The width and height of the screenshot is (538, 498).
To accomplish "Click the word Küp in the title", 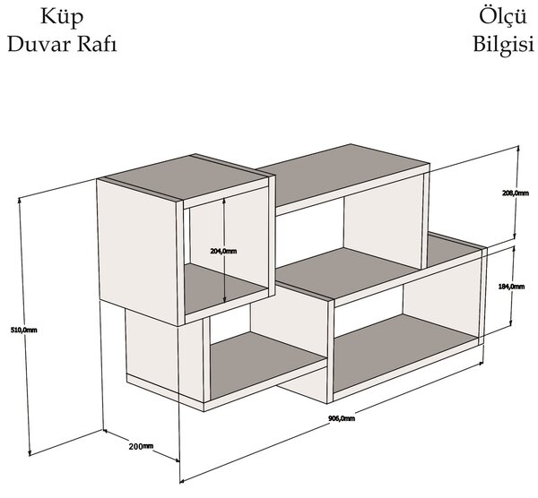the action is click(62, 17).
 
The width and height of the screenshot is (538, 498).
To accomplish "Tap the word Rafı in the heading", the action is click(97, 44).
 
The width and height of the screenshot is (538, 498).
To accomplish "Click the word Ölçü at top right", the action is click(503, 16).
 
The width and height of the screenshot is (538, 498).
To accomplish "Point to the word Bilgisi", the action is click(504, 45).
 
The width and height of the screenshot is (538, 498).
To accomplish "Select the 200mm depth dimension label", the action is click(141, 446).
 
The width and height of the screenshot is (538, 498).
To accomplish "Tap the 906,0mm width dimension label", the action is click(342, 418).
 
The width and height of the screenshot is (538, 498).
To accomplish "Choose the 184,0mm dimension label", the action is click(511, 287).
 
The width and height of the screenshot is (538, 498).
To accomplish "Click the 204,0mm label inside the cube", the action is click(223, 251).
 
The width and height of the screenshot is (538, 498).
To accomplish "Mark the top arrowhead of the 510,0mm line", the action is click(20, 200).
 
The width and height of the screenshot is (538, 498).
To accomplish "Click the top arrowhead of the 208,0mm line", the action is click(518, 149).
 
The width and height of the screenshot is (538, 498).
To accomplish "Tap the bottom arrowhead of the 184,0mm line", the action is click(511, 322).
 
